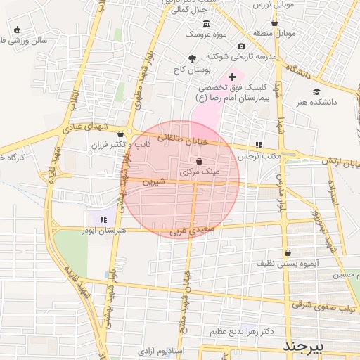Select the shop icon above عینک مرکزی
tap(190, 161)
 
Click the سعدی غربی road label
tap(191, 230)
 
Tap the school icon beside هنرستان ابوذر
tap(104, 219)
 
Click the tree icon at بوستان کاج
tap(193, 58)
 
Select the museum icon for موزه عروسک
tap(226, 22)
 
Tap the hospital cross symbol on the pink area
tap(232, 76)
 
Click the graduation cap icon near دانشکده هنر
tap(316, 91)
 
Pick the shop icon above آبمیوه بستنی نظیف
tap(288, 252)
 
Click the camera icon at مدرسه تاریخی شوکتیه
tap(241, 46)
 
